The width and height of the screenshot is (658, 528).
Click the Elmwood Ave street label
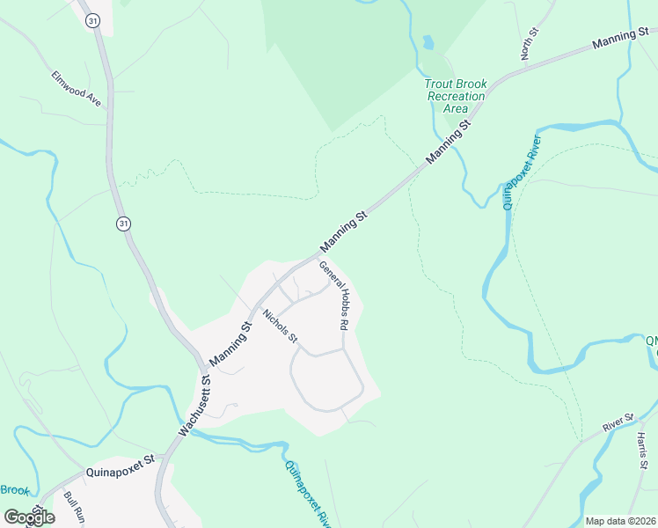tap(77, 89)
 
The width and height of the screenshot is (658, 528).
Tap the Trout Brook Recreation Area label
tap(456, 96)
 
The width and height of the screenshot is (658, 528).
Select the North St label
tap(530, 43)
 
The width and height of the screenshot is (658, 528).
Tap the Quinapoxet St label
tap(121, 472)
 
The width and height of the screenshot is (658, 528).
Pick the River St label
tap(618, 423)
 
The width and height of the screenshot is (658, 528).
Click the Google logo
tap(29, 517)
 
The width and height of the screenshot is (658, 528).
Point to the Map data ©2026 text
tap(621, 521)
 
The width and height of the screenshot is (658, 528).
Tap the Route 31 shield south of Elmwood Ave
tap(122, 224)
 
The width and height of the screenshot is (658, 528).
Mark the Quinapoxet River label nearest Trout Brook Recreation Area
tap(521, 171)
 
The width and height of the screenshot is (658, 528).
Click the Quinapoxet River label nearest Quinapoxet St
tap(304, 491)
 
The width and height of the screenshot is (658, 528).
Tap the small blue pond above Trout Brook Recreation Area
tap(428, 41)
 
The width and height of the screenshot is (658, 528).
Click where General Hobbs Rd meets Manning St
tap(318, 257)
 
